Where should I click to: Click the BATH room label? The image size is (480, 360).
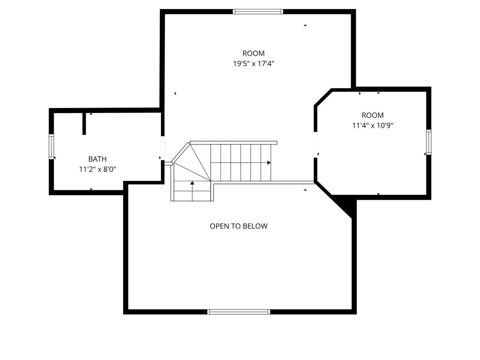[x=97, y=159]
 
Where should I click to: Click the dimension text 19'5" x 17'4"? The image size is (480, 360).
[x=253, y=64]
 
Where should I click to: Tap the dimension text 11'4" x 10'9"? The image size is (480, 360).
[x=372, y=125]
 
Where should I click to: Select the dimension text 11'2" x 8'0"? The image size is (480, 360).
[x=97, y=169]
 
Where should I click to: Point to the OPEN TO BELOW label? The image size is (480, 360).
[x=238, y=226]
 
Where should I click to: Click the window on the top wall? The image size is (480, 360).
[x=258, y=12]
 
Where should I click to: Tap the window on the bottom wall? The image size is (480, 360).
[x=238, y=312]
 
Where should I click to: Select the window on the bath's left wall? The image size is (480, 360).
[x=51, y=146]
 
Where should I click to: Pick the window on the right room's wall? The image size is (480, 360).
[x=429, y=142]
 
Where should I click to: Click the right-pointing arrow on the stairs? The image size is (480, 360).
[x=269, y=163]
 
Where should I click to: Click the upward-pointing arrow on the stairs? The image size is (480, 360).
[x=192, y=182]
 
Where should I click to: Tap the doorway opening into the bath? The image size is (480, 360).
[x=162, y=148]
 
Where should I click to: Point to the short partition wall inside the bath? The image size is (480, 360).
[x=84, y=124]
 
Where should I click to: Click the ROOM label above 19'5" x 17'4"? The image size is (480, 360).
[x=253, y=53]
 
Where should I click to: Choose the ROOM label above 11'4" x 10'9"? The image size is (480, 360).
[x=372, y=115]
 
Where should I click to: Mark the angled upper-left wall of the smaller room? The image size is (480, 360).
[x=323, y=97]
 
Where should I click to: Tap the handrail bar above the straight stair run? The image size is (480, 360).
[x=233, y=143]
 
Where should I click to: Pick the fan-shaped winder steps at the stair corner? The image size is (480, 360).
[x=192, y=163]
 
